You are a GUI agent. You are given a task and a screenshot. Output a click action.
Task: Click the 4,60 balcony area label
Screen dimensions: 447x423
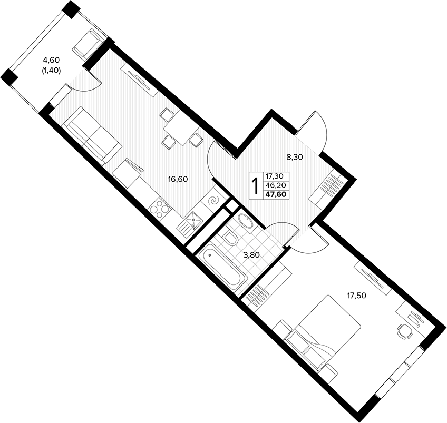pos(51,60)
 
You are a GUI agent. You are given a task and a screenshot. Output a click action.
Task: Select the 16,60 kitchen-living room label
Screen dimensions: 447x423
pos(178,180)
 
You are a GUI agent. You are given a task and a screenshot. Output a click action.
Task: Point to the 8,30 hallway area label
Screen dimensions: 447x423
pos(295,156)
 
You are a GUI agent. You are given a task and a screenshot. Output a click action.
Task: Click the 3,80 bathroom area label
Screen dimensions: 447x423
pos(251,255)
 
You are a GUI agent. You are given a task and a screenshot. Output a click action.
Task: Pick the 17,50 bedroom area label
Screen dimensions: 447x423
pos(356,296)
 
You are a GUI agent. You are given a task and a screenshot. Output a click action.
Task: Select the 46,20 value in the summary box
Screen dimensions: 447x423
pos(276,185)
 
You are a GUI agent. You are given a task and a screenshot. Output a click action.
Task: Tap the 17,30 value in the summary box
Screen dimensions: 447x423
pos(276,176)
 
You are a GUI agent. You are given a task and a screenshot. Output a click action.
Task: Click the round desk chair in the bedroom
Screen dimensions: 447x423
pos(405,331)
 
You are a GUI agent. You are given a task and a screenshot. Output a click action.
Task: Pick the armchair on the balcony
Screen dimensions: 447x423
pos(88,44)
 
